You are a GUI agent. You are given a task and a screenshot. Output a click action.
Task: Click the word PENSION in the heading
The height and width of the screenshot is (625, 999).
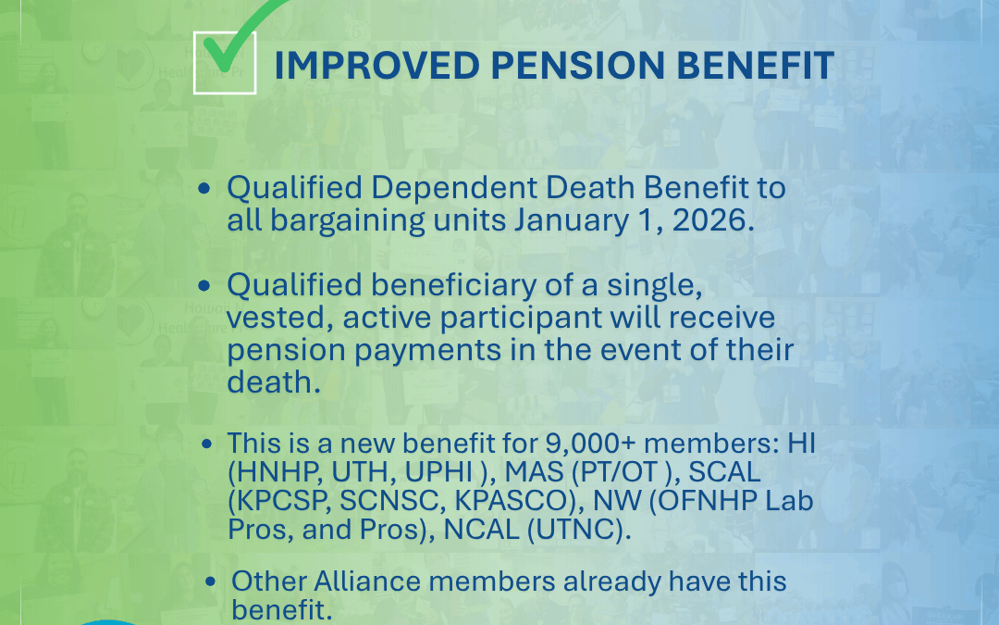(x=576, y=65)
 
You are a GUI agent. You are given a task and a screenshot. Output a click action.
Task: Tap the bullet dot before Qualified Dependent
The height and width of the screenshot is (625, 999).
(x=203, y=187)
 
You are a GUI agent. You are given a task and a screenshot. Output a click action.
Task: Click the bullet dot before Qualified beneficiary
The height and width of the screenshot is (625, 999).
(x=203, y=285)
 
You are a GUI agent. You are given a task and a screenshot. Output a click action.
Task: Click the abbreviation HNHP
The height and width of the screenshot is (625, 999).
(x=273, y=472)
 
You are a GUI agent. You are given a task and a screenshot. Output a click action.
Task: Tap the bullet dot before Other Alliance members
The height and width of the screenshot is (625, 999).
(x=211, y=581)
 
